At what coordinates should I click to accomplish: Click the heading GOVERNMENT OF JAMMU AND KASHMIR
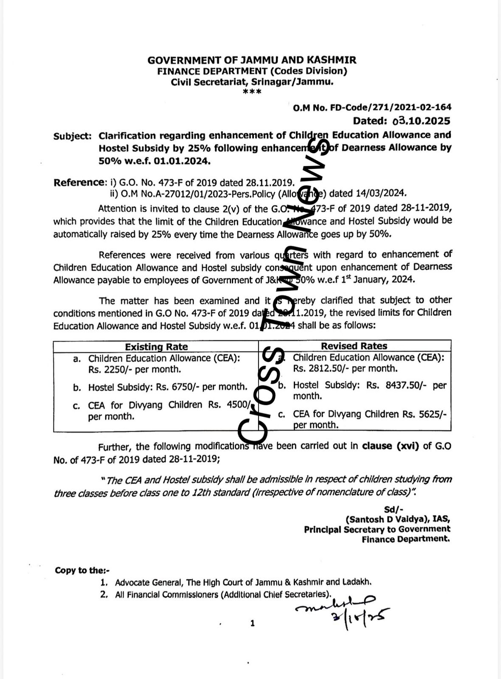pos(252,60)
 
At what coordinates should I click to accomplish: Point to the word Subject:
pos(73,136)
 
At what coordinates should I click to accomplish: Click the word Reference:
pos(79,183)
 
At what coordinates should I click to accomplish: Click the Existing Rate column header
pos(156,347)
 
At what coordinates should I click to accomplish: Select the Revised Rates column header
pos(354,346)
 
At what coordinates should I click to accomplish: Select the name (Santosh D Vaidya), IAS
pos(398,519)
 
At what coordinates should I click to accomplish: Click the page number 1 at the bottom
pos(253,623)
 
